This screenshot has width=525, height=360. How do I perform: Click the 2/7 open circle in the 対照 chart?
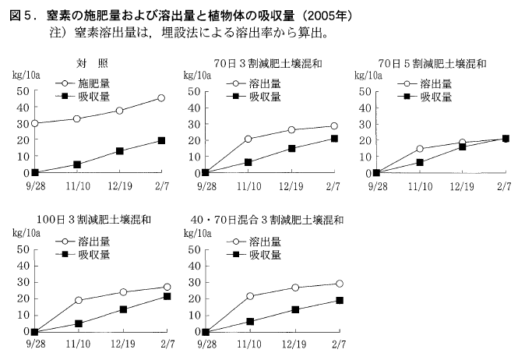point(161,98)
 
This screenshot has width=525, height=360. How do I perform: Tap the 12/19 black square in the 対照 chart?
point(119,150)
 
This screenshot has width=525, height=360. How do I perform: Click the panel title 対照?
point(86,62)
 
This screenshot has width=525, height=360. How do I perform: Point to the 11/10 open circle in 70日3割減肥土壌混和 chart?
point(248,139)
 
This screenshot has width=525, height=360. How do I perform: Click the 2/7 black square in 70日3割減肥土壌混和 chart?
point(333,139)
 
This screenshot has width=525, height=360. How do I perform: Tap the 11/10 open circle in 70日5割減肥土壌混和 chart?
point(420,148)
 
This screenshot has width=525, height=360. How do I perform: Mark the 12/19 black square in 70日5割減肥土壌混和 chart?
point(463,146)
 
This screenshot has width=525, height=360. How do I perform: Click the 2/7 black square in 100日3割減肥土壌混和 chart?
point(167,296)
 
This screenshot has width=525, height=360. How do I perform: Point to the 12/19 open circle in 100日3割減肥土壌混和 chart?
point(124,292)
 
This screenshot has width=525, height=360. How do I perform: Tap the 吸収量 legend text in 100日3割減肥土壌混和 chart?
point(93,255)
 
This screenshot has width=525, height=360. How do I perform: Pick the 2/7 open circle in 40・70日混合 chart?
point(339,284)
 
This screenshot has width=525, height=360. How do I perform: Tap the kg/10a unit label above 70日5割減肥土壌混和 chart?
point(369,76)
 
